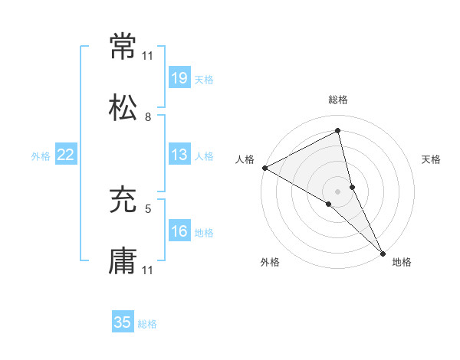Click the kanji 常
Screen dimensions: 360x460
tap(123, 47)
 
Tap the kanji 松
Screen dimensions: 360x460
tap(123, 109)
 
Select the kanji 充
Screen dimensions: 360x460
tap(123, 201)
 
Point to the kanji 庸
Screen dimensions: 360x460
tap(123, 262)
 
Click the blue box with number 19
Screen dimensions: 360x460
tap(179, 77)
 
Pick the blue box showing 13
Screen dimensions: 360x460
tap(179, 155)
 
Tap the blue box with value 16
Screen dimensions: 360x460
tap(179, 231)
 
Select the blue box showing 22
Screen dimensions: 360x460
tap(66, 155)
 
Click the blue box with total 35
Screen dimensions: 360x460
tap(123, 322)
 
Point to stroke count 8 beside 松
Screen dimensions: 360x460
tap(148, 117)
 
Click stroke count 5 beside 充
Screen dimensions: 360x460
tap(148, 208)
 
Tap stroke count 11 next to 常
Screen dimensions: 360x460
tap(148, 56)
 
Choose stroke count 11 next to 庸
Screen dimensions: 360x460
tap(148, 270)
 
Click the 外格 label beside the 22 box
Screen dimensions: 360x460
tap(41, 156)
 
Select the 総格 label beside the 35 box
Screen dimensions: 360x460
tap(147, 324)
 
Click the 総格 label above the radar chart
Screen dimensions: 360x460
tap(338, 100)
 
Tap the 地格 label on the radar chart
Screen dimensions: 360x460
tap(402, 262)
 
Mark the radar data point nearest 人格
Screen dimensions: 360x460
tap(264, 167)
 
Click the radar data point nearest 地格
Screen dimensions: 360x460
tap(382, 252)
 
